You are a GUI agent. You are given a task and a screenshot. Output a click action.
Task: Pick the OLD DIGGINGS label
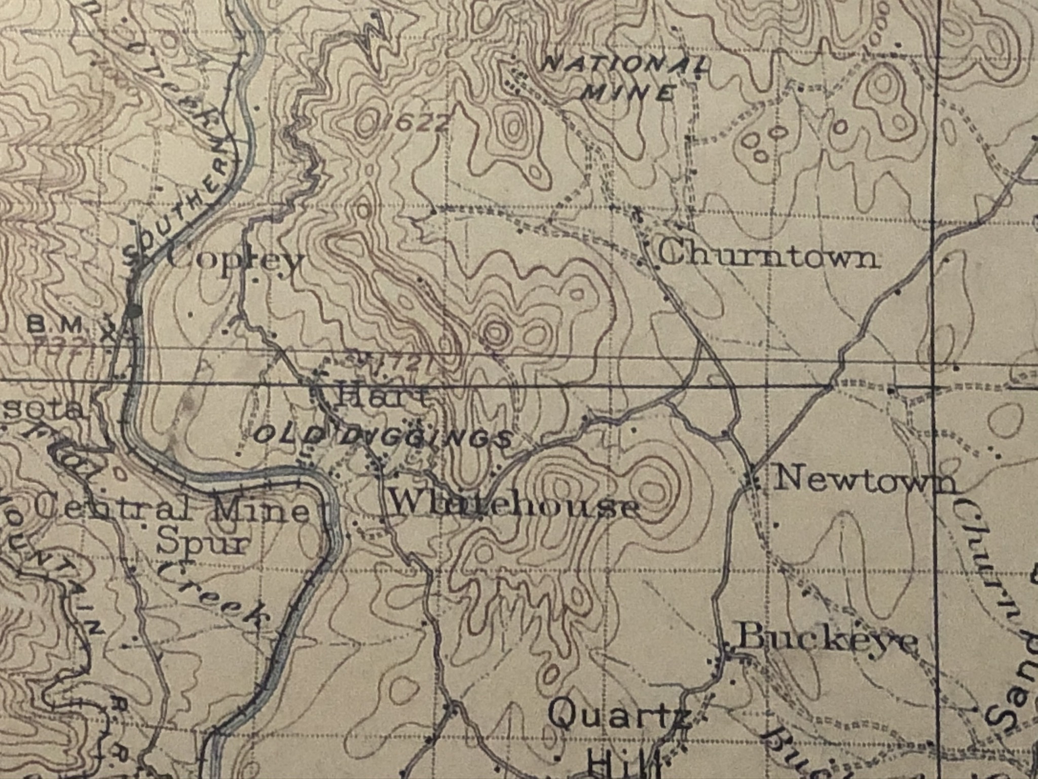(x=381, y=436)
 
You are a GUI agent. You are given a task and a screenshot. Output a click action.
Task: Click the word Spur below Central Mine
(x=203, y=544)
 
